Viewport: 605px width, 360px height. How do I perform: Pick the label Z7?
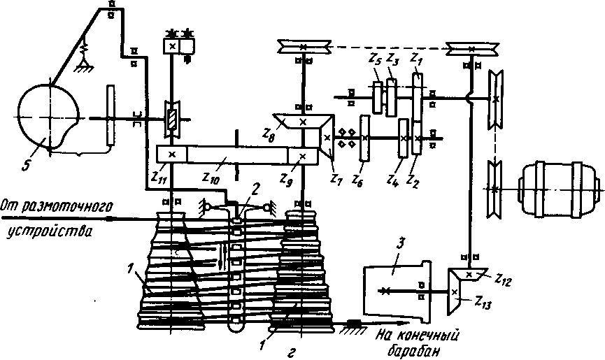pos(336,178)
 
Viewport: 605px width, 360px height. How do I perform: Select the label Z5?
pos(375,59)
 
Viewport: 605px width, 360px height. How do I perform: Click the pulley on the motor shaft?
pos(494,189)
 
